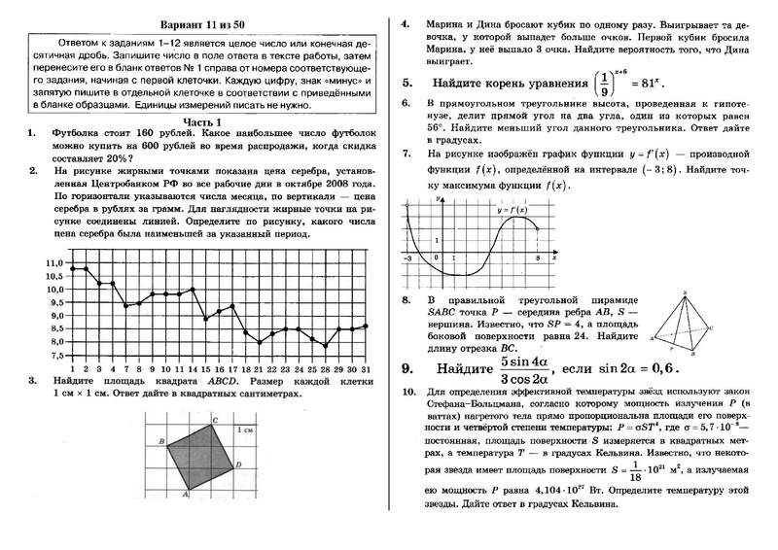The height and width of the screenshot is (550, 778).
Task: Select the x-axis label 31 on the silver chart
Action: click(x=365, y=369)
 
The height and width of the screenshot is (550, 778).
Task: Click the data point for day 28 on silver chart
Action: click(x=325, y=345)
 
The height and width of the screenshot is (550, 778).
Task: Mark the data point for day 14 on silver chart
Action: click(x=193, y=290)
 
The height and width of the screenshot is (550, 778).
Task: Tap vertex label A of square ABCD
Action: click(x=185, y=494)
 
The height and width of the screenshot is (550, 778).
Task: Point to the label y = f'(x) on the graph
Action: click(x=512, y=209)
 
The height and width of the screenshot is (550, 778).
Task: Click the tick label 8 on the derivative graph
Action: click(x=537, y=259)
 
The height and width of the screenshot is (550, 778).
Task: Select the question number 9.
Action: click(x=407, y=369)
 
